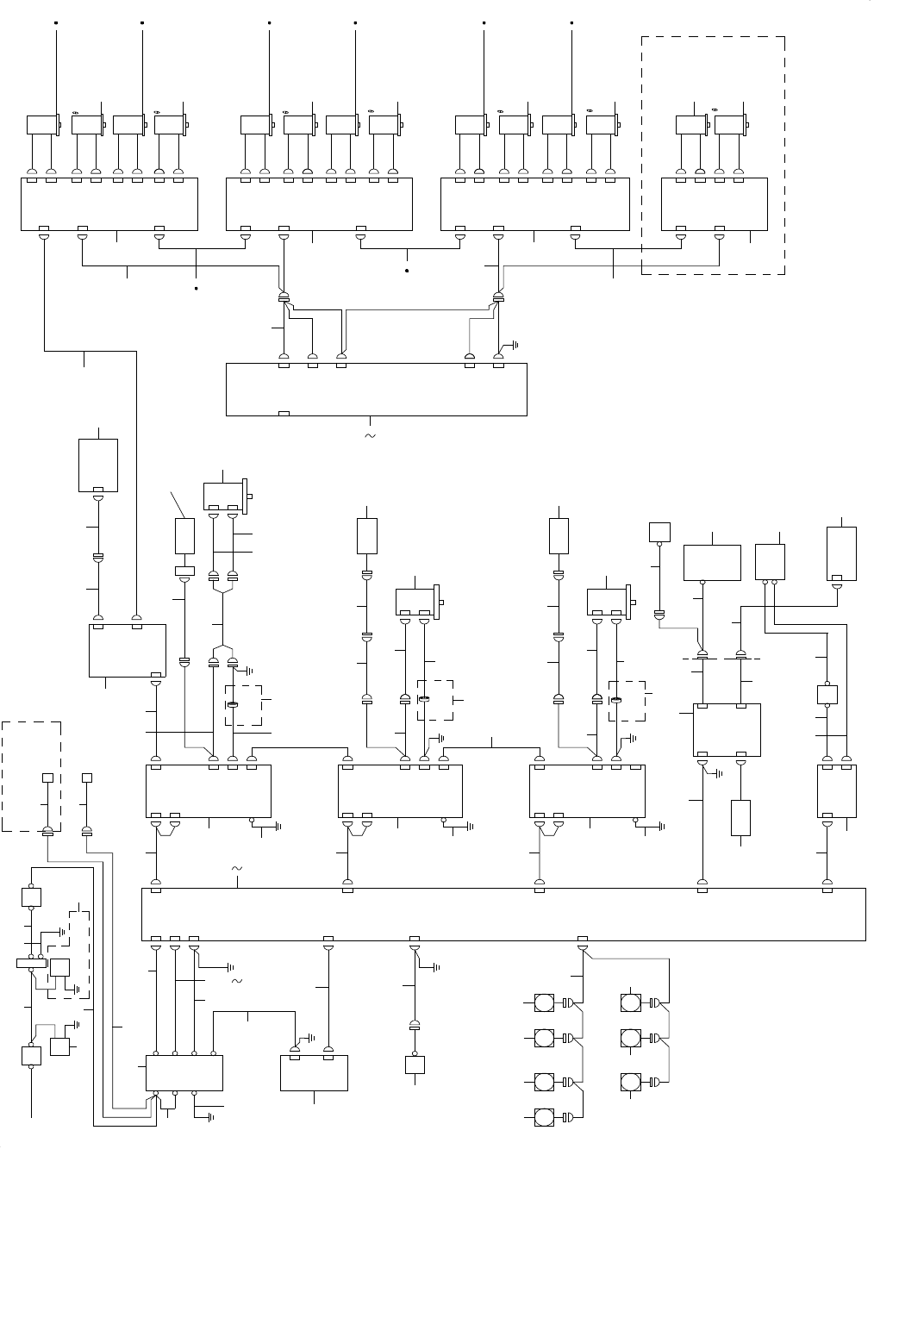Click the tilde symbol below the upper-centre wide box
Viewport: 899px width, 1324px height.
371,436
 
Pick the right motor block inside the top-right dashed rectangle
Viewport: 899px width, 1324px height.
730,125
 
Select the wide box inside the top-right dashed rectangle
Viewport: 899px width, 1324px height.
714,204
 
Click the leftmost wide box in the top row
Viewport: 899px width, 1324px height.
109,204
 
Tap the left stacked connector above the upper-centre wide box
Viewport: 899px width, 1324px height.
284,299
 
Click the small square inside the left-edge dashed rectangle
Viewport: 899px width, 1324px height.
48,778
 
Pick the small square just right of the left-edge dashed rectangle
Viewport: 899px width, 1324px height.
86,778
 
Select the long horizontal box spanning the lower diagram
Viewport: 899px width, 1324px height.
503,914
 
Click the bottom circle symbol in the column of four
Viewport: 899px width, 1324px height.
544,1118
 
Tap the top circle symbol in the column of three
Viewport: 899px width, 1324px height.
631,1002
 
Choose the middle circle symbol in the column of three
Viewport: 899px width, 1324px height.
631,1039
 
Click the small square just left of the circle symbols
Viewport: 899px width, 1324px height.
415,1065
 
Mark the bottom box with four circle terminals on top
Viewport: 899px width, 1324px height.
184,1072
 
